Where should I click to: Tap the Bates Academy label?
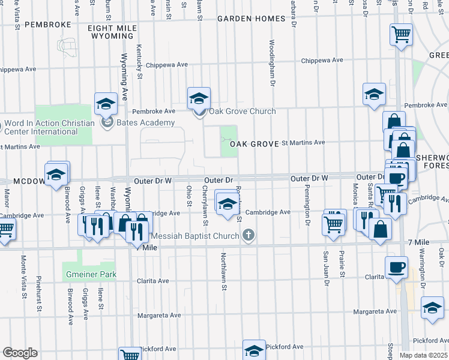(x=146, y=123)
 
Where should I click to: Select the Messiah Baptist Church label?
(x=195, y=236)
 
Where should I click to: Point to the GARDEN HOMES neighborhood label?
(x=251, y=19)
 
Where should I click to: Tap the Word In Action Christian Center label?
(x=49, y=127)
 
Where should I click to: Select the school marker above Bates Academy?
(x=106, y=104)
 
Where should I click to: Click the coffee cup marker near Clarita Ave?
(x=396, y=268)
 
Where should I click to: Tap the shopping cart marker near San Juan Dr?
(x=333, y=224)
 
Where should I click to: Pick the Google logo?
(x=20, y=352)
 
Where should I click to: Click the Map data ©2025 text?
(x=423, y=355)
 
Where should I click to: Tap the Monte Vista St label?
(x=23, y=277)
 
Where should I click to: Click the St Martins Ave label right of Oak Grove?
(x=303, y=143)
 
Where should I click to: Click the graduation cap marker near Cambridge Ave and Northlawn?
(x=227, y=203)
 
